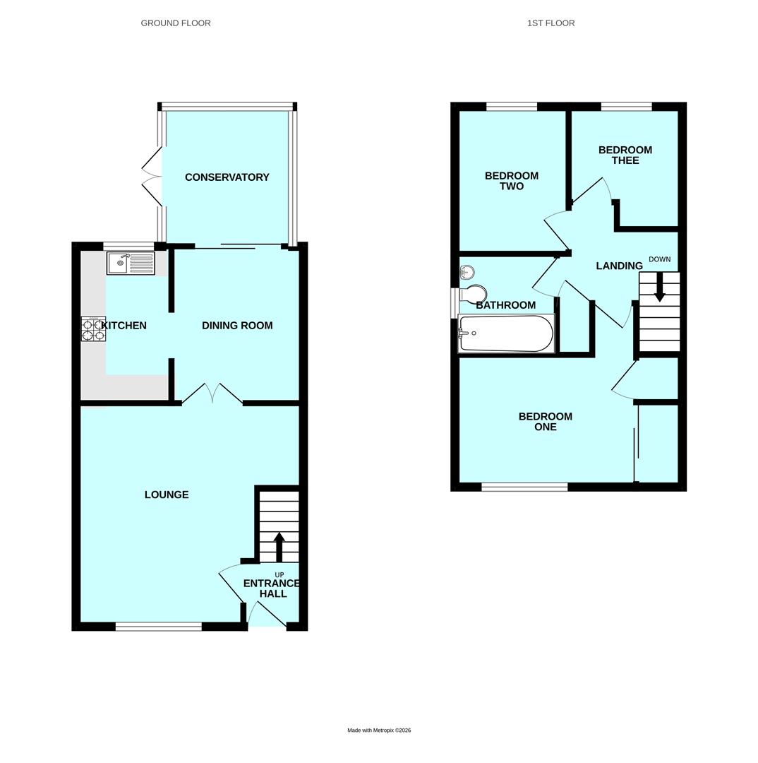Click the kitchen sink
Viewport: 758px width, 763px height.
coord(131,264)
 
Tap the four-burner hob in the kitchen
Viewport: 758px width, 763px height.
coord(93,329)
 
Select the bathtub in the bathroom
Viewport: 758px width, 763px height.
coord(506,333)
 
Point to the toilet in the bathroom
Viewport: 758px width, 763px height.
coord(474,294)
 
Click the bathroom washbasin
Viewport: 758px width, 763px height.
coord(467,272)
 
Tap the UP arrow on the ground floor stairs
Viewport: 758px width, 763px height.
coord(279,546)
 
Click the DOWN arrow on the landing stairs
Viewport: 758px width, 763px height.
coord(659,288)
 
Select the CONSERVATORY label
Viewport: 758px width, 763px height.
coord(227,177)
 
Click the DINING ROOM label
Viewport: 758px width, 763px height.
coord(237,326)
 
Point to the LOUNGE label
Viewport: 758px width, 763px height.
coord(167,495)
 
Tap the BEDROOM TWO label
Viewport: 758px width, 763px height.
coord(512,181)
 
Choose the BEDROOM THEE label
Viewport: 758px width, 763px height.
coord(625,155)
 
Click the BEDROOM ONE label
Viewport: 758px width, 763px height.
coord(546,422)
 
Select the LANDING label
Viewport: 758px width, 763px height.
coord(619,266)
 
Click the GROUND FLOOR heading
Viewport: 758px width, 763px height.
coord(176,23)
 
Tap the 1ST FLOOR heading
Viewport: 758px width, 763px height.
coord(551,23)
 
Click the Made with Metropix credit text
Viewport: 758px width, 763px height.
coord(379,731)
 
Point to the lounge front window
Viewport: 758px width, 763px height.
coord(159,626)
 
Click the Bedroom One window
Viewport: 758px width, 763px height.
coord(524,487)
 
